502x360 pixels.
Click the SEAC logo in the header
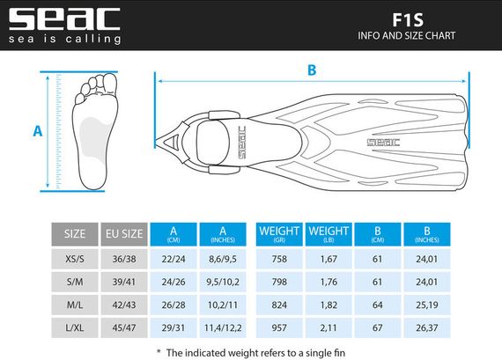click(x=63, y=18)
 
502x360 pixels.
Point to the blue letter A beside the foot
click(x=38, y=131)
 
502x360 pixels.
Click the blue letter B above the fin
click(x=312, y=70)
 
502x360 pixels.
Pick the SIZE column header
click(x=76, y=234)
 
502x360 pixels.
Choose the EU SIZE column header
click(x=123, y=234)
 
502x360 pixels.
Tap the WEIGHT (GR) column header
click(x=279, y=234)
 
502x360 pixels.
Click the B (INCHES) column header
click(x=426, y=234)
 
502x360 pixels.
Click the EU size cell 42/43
click(x=123, y=304)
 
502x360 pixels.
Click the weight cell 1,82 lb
click(x=329, y=304)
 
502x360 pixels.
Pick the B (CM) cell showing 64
click(x=378, y=304)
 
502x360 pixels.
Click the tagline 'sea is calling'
click(x=63, y=39)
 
